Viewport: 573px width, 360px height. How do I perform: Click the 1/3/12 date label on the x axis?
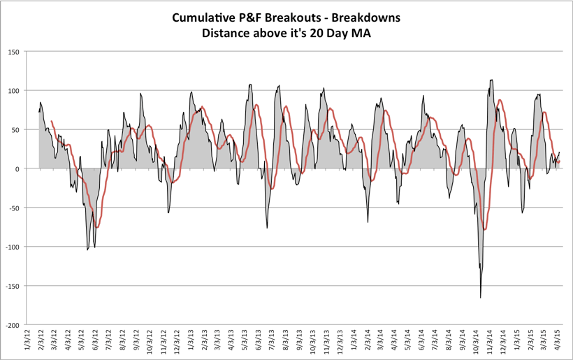(27, 343)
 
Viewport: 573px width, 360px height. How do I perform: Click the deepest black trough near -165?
(480, 297)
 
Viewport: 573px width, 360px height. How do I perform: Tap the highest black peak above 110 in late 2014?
(491, 80)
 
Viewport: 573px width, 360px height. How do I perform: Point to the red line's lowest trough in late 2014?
(484, 229)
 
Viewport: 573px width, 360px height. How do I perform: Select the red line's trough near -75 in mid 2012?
(98, 227)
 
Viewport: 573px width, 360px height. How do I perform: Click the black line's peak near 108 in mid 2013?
(250, 85)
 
